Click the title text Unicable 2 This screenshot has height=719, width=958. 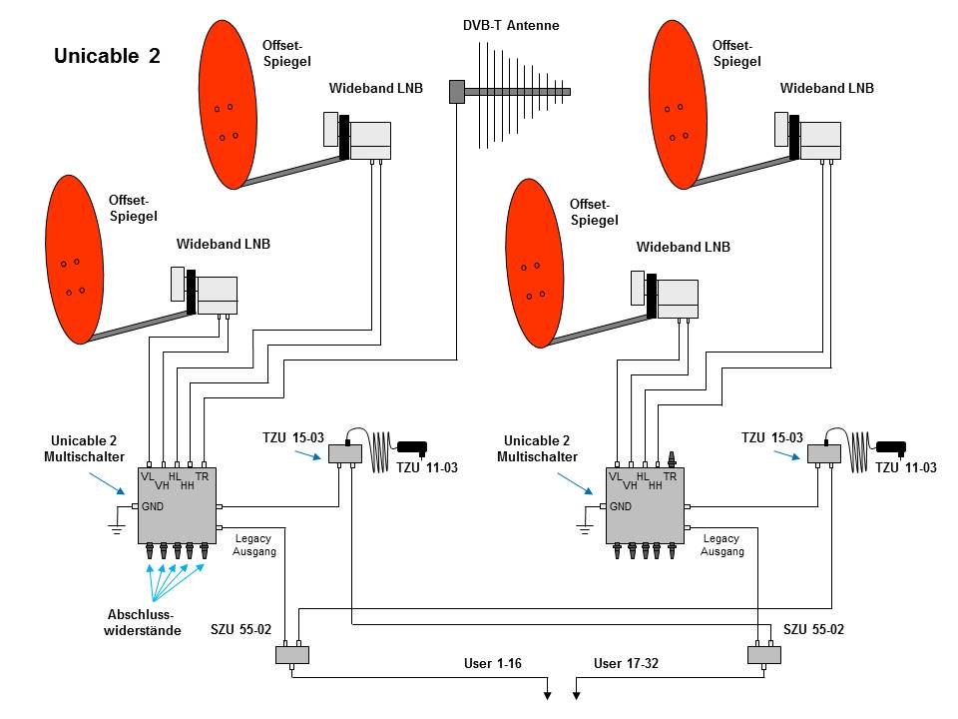tap(107, 57)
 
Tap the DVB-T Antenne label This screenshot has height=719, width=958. tap(511, 26)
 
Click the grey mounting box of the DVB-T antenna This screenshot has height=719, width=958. tap(457, 92)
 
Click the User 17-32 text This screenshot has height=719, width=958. tap(626, 663)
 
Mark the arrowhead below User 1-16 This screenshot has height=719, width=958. tap(548, 694)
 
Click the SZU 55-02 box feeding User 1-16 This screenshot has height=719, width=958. tap(292, 655)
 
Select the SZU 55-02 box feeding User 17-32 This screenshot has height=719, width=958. tap(763, 655)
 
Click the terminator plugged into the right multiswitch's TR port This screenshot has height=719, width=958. tap(671, 459)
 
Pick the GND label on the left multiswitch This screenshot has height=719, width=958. tap(152, 506)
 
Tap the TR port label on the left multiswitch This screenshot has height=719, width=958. tap(203, 477)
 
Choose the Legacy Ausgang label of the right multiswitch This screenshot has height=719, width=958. tap(723, 545)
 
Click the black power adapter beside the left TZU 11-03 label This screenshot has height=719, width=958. tap(412, 446)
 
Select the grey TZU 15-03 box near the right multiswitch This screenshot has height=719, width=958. tap(824, 453)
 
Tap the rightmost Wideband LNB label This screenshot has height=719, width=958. tap(826, 88)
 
